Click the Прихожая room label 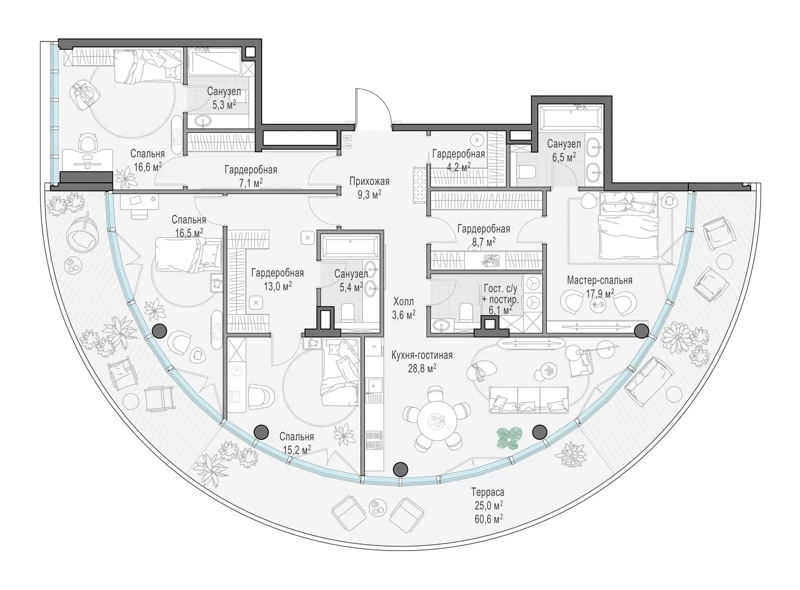click(x=369, y=181)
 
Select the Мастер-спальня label click(x=599, y=280)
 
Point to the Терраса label click(x=487, y=492)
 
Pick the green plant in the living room click(x=509, y=439)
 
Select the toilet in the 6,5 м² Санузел click(x=527, y=172)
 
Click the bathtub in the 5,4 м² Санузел click(x=349, y=246)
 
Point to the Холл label click(x=403, y=301)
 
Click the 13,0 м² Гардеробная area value click(x=277, y=286)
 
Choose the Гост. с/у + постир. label click(x=500, y=294)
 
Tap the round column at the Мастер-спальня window click(x=641, y=330)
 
